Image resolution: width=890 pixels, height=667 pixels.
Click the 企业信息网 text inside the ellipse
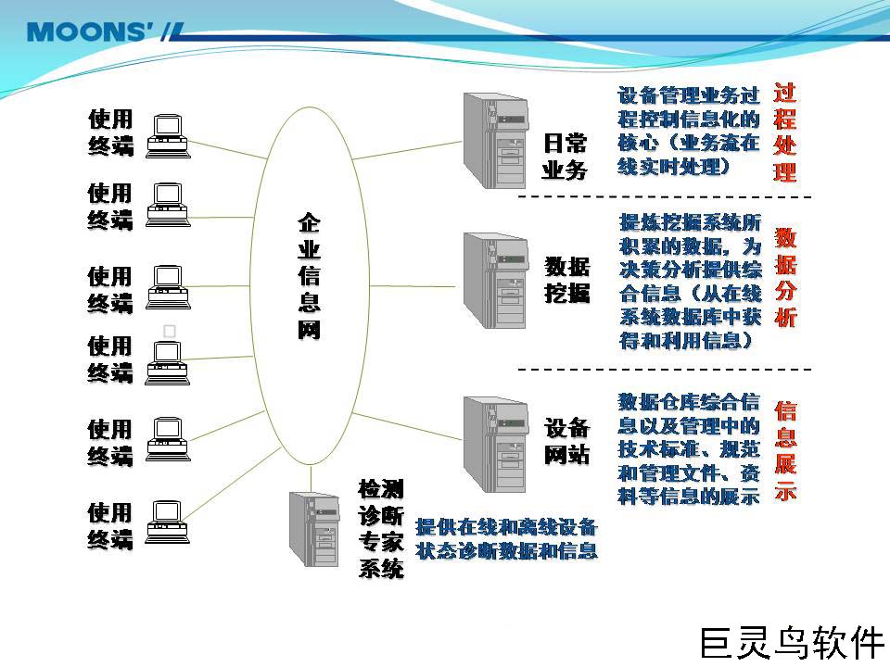(309, 277)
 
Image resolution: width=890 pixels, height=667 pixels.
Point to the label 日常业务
(565, 157)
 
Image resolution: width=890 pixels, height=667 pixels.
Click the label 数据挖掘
(566, 280)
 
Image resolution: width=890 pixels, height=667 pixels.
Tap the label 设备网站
(566, 442)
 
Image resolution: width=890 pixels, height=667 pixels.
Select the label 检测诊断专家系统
(381, 528)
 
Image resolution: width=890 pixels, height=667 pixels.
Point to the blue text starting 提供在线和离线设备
(506, 538)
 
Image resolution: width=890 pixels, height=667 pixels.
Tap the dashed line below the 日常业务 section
(664, 197)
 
